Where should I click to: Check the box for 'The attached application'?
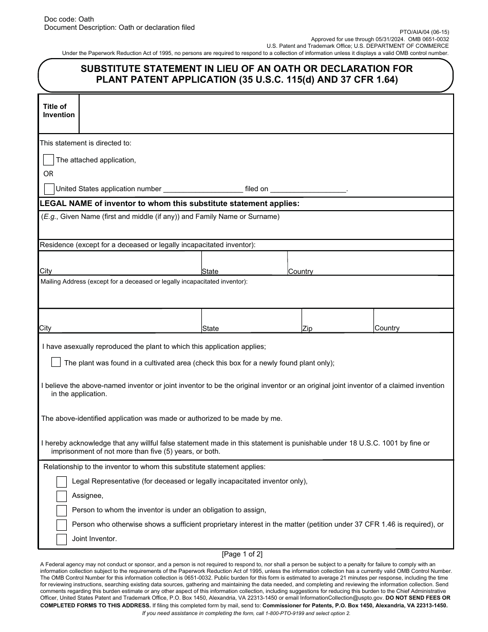tap(48, 160)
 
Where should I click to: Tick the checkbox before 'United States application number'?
tap(49, 189)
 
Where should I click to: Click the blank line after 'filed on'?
tap(308, 189)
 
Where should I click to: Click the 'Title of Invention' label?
tap(59, 110)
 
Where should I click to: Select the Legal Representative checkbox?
tap(62, 481)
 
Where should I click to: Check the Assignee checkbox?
tap(62, 496)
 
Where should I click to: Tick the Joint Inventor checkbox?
tap(62, 539)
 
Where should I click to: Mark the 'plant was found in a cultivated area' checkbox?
tap(56, 362)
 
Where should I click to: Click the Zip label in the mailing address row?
tap(307, 328)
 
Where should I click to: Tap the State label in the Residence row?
tap(210, 271)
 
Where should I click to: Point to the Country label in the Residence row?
tap(301, 271)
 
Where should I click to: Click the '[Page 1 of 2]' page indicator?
tap(242, 554)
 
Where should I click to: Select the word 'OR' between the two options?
tap(48, 174)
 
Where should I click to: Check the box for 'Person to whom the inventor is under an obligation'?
tap(62, 510)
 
